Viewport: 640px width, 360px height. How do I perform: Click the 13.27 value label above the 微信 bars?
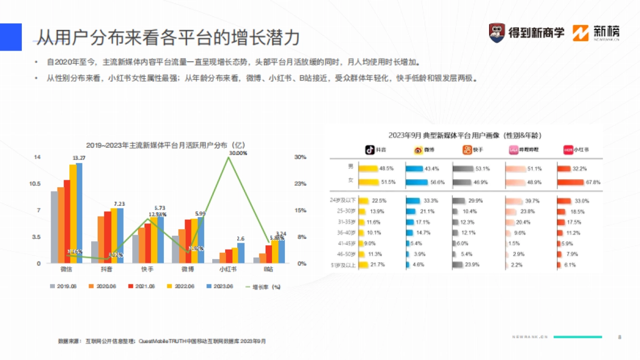79,158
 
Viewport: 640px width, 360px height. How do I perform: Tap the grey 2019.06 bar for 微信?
54,227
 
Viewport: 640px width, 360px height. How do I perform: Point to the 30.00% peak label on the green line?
238,153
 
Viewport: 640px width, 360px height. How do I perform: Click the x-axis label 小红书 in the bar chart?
228,269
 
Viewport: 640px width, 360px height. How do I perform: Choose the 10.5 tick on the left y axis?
35,184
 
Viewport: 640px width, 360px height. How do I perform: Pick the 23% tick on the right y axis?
300,184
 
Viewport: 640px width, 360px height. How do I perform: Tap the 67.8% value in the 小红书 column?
593,182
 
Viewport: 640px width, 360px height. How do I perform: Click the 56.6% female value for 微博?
437,182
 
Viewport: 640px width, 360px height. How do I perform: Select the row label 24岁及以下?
343,201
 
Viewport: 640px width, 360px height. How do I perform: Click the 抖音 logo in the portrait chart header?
370,150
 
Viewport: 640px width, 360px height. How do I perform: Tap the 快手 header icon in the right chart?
467,150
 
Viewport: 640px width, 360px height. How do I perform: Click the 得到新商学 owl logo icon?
497,33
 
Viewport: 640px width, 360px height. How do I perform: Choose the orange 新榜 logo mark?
581,33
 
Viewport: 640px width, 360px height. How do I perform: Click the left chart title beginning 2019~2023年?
165,145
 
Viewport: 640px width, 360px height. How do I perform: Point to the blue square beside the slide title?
11,37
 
